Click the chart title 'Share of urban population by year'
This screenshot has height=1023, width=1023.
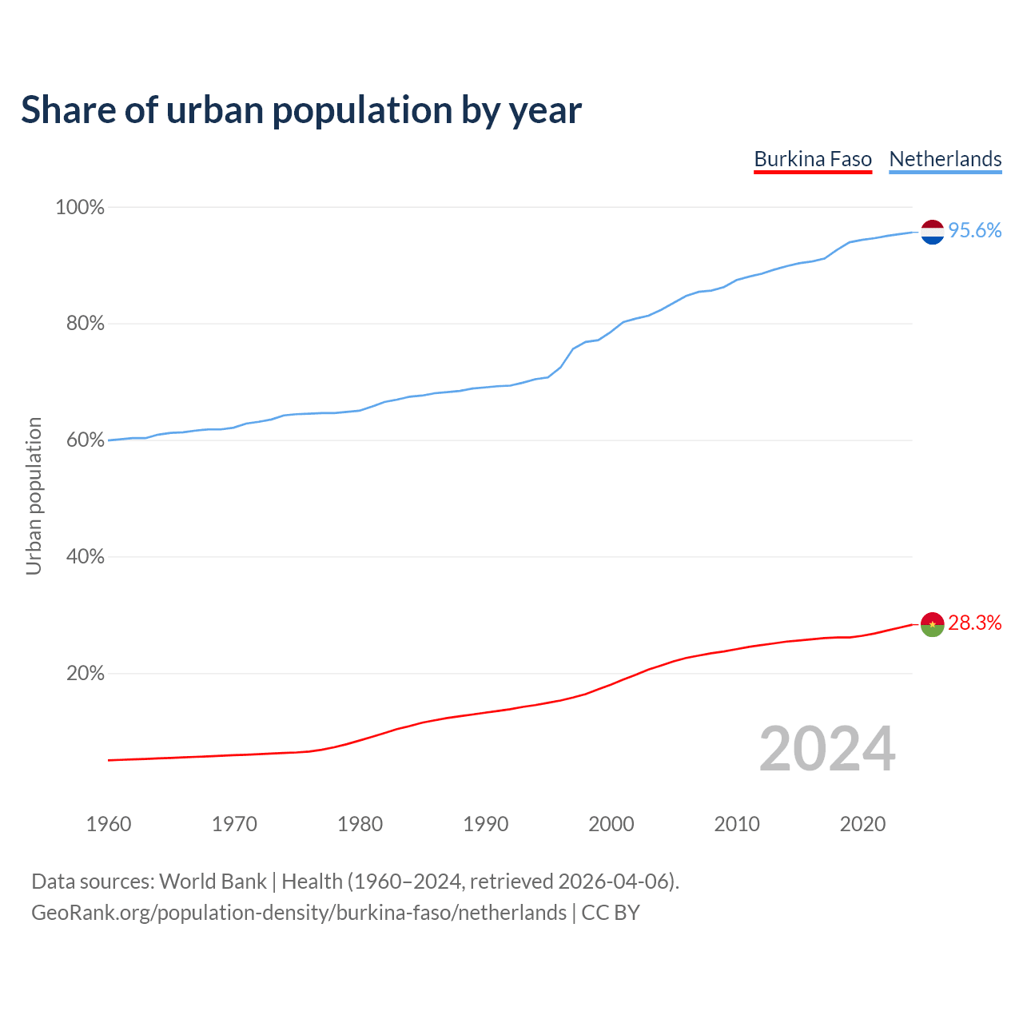(301, 110)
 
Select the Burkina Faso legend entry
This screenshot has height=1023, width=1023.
(813, 159)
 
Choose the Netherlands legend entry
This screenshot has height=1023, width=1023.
(945, 159)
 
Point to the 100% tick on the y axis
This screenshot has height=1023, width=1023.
(80, 208)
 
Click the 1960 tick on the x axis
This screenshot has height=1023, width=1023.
(109, 824)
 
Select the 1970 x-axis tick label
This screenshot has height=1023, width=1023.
(234, 824)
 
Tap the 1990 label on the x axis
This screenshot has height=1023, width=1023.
(486, 824)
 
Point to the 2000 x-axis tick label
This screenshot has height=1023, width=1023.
(611, 824)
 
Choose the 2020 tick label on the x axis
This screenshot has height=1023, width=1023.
(862, 824)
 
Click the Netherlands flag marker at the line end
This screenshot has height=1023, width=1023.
(933, 232)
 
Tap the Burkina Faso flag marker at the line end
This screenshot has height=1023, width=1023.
(933, 624)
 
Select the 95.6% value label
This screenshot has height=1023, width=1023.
(975, 231)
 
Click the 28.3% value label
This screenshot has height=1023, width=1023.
(975, 623)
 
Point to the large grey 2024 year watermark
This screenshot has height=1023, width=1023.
(827, 749)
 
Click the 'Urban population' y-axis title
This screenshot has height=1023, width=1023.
(34, 496)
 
